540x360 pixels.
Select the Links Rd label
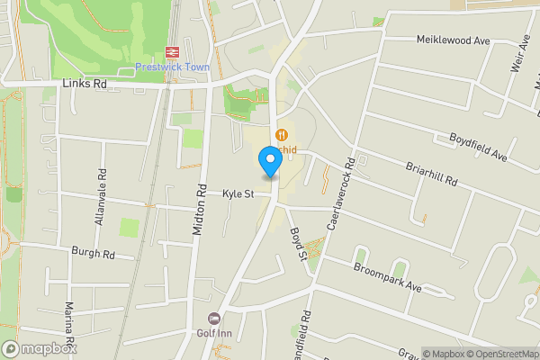tap(85, 84)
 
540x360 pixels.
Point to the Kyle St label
tap(238, 193)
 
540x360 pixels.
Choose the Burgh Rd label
tap(94, 256)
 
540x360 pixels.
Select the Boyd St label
tap(298, 243)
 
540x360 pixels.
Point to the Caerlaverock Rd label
tap(340, 193)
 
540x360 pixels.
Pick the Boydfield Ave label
tap(479, 148)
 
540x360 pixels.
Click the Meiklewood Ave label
tap(453, 40)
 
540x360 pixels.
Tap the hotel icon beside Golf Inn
tap(214, 318)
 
